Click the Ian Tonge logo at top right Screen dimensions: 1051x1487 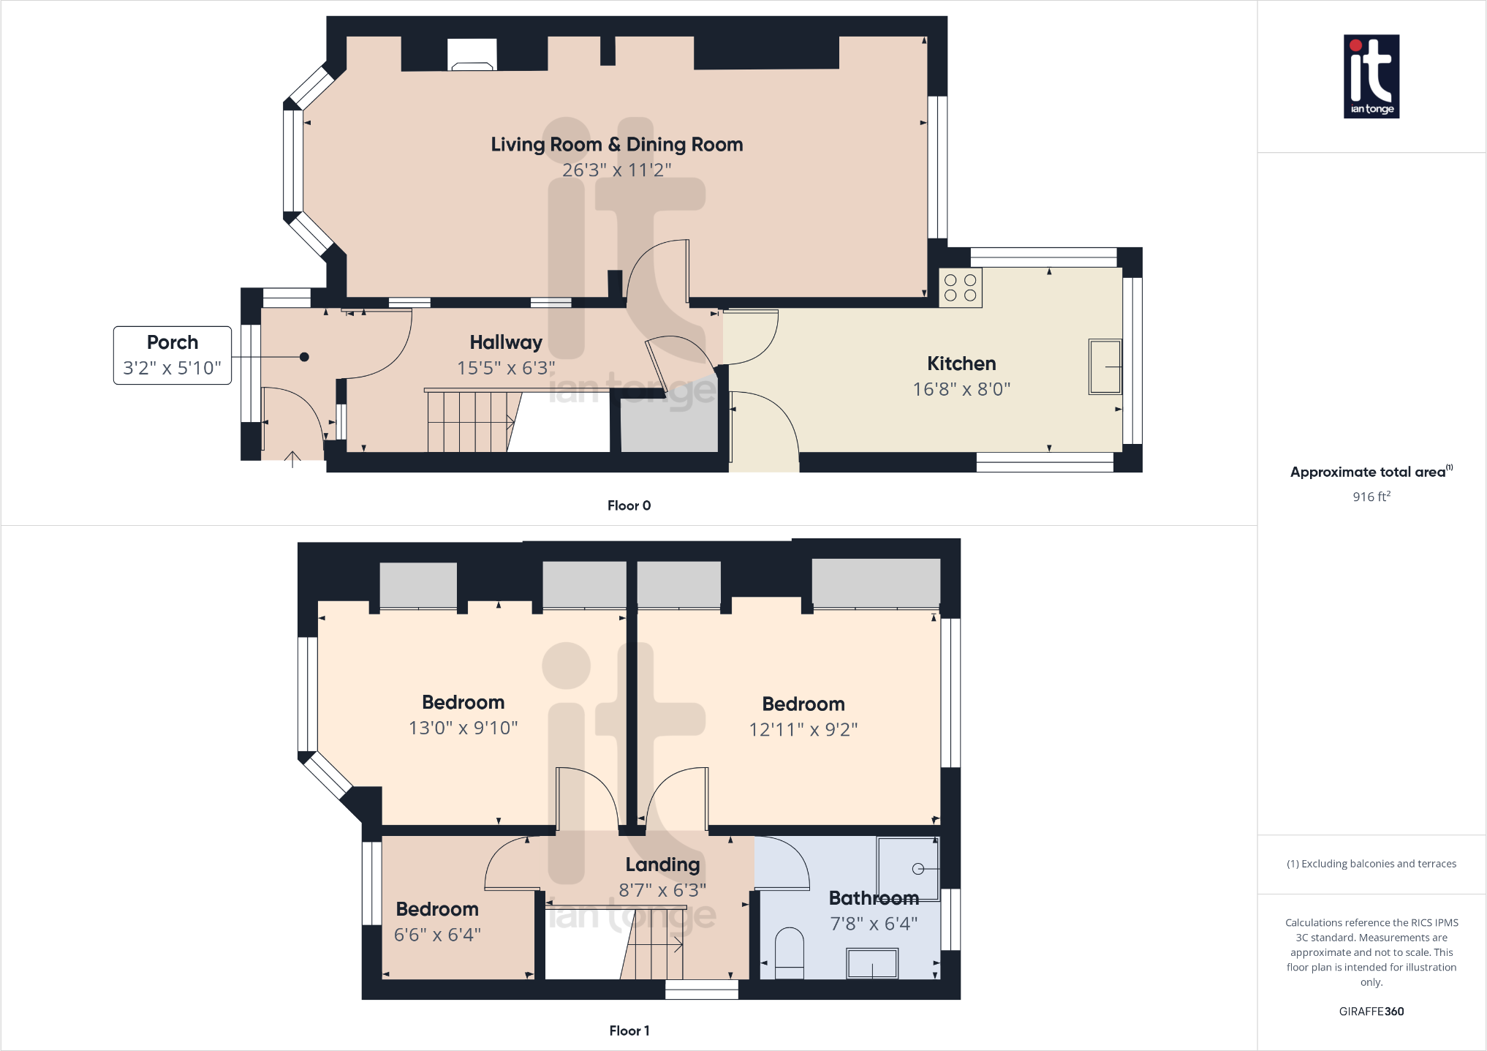click(1371, 76)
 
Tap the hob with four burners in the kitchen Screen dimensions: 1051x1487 click(960, 287)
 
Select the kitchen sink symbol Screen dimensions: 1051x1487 click(1105, 366)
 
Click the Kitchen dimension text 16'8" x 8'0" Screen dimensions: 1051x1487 click(961, 389)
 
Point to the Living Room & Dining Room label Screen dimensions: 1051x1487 click(616, 145)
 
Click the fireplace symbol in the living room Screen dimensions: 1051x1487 click(472, 56)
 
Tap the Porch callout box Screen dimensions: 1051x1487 click(173, 355)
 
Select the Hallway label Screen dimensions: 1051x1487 click(505, 342)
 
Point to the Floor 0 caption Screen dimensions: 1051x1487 click(629, 505)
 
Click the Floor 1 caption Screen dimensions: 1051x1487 click(629, 1031)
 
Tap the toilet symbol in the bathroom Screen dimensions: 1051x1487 click(789, 952)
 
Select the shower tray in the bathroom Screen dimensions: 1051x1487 click(907, 868)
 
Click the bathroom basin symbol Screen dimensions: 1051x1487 click(871, 963)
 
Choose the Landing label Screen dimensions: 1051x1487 click(662, 864)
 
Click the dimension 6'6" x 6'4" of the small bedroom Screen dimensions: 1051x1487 click(437, 935)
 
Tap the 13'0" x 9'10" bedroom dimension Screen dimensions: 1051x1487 click(463, 728)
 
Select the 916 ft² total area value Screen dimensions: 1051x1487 click(1371, 497)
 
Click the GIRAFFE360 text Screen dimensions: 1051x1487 click(1371, 1012)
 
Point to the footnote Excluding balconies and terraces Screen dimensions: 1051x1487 click(1371, 864)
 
